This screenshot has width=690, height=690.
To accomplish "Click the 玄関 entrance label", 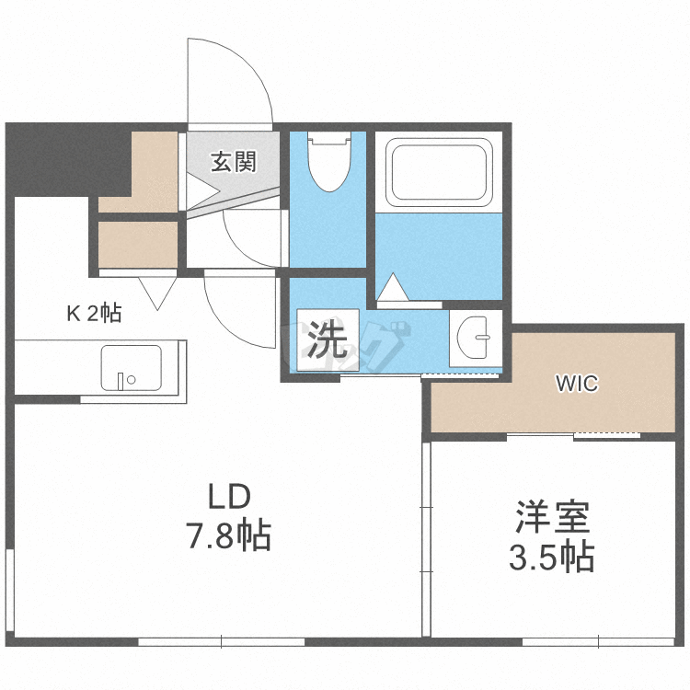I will pyautogui.click(x=232, y=163).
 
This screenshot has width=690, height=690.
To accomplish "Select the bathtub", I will pyautogui.click(x=438, y=172).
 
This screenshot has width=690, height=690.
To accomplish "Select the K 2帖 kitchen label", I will pyautogui.click(x=93, y=314).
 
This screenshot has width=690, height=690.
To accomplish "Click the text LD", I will pyautogui.click(x=228, y=498).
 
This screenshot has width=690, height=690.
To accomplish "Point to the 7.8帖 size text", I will pyautogui.click(x=229, y=535).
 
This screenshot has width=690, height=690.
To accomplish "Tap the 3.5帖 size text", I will pyautogui.click(x=551, y=556).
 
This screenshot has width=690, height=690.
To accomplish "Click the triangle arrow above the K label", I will pyautogui.click(x=157, y=293).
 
